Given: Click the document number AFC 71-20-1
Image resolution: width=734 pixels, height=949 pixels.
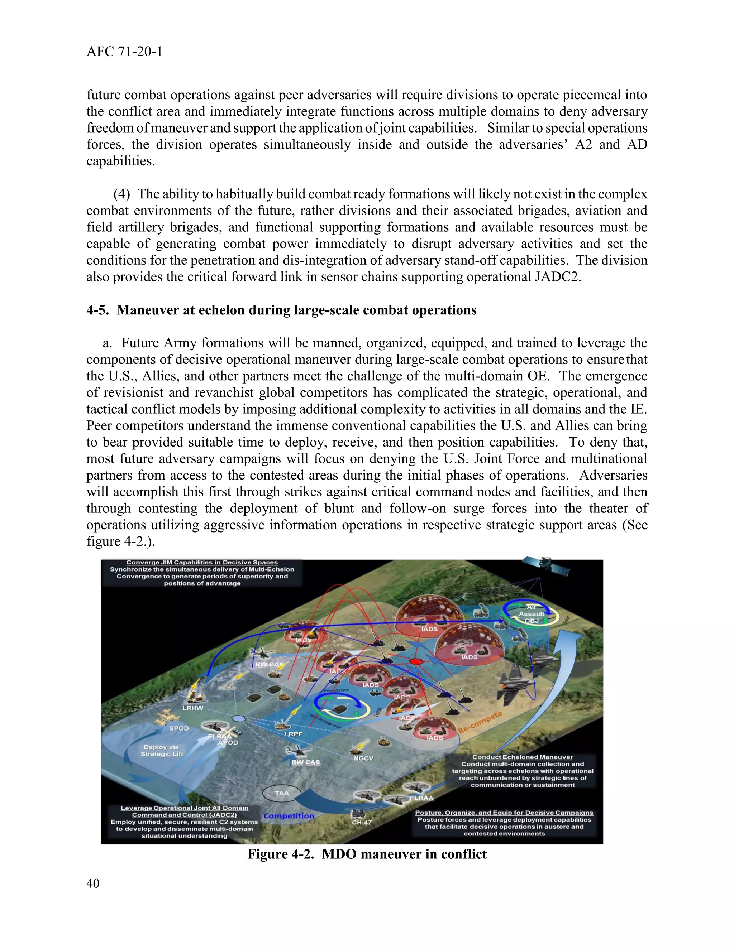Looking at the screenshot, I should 124,52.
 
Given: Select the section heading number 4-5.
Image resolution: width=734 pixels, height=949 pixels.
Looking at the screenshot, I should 97,310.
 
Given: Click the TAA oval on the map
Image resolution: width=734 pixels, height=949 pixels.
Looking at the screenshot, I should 282,793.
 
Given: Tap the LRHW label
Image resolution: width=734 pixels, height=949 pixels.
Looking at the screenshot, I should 192,708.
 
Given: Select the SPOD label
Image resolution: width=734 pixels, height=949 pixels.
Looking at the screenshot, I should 179,728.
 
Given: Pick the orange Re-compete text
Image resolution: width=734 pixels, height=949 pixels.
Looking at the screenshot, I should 481,723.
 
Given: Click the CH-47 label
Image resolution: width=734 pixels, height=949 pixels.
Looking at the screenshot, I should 362,822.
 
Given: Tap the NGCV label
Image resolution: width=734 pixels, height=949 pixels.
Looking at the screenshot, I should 363,758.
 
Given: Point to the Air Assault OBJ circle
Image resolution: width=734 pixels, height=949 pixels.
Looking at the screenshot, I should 532,614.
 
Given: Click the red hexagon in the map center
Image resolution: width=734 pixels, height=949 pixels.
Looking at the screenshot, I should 416,661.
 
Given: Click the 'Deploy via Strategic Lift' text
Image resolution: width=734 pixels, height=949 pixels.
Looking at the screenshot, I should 161,750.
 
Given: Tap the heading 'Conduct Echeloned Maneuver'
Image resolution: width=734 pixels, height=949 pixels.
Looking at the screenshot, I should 523,757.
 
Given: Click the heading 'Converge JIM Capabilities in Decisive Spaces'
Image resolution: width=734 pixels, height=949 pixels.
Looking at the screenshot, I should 202,562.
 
